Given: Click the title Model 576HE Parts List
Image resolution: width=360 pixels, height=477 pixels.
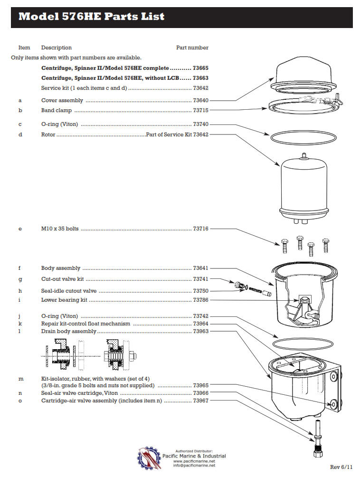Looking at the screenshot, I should click(91, 17).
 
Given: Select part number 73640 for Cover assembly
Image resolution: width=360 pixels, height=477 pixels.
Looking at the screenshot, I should click(200, 101).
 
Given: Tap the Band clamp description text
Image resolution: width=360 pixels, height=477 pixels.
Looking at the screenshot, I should click(57, 111).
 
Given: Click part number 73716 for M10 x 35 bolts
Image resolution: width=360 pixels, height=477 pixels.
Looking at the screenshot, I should click(200, 229).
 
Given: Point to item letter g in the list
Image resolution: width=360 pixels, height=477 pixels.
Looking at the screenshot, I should click(20, 279).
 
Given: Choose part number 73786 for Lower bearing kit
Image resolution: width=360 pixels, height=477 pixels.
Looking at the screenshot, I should click(200, 300).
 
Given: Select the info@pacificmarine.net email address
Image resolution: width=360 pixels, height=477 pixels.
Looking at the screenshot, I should click(194, 466).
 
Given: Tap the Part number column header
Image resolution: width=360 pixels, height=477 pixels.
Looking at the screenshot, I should click(192, 48).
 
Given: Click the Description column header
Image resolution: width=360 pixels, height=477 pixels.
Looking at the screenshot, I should click(57, 48).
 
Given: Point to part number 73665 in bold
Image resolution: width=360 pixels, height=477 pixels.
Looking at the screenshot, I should click(200, 68).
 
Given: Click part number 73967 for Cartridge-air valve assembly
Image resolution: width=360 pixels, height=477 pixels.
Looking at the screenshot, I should click(200, 401).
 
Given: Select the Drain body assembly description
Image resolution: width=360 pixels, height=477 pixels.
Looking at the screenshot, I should click(68, 331).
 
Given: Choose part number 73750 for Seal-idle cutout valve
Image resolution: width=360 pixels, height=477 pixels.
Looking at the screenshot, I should click(200, 291).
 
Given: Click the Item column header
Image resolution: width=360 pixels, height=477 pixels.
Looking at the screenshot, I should click(24, 48).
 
